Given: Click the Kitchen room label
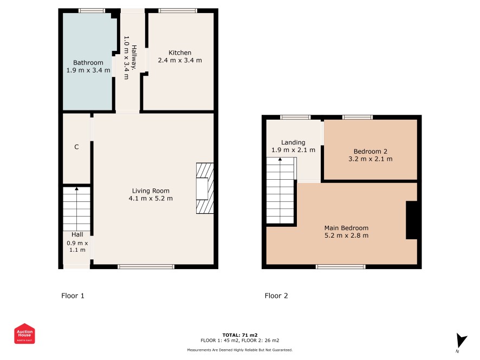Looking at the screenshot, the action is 180,53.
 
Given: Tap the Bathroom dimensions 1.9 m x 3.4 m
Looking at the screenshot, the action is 88,70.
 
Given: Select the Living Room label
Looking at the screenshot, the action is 151,191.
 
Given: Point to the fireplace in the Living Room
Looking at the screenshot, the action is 205,188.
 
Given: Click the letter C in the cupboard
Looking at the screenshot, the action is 76,147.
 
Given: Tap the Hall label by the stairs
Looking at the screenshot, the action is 77,234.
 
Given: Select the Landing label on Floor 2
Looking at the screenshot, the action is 293,142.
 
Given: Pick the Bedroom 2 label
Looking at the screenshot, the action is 371,152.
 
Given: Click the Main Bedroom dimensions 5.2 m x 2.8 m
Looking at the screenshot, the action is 347,235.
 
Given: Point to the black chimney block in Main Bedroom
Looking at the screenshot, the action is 412,220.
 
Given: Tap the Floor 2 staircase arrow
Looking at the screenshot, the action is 280,190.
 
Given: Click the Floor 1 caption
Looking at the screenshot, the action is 73,296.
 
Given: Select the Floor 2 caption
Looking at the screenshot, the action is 276,296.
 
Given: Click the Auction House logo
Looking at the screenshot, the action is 24,333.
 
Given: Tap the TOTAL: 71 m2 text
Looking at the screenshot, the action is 240,335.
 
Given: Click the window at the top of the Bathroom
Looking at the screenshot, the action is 92,11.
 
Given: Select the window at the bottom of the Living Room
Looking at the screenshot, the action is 146,267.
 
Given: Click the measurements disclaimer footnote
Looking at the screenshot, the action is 240,350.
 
